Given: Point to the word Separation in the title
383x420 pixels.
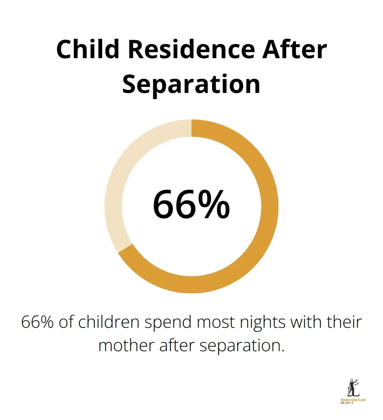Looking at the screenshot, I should click(191, 84).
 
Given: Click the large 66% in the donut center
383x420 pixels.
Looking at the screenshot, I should click(191, 205).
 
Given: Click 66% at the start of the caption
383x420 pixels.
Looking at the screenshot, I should click(37, 322).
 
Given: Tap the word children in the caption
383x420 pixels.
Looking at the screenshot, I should click(109, 322).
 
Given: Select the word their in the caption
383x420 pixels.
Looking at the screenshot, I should click(344, 322).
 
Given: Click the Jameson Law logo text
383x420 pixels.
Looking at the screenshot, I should click(353, 400).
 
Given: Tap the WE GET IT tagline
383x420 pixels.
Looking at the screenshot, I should click(347, 403).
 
